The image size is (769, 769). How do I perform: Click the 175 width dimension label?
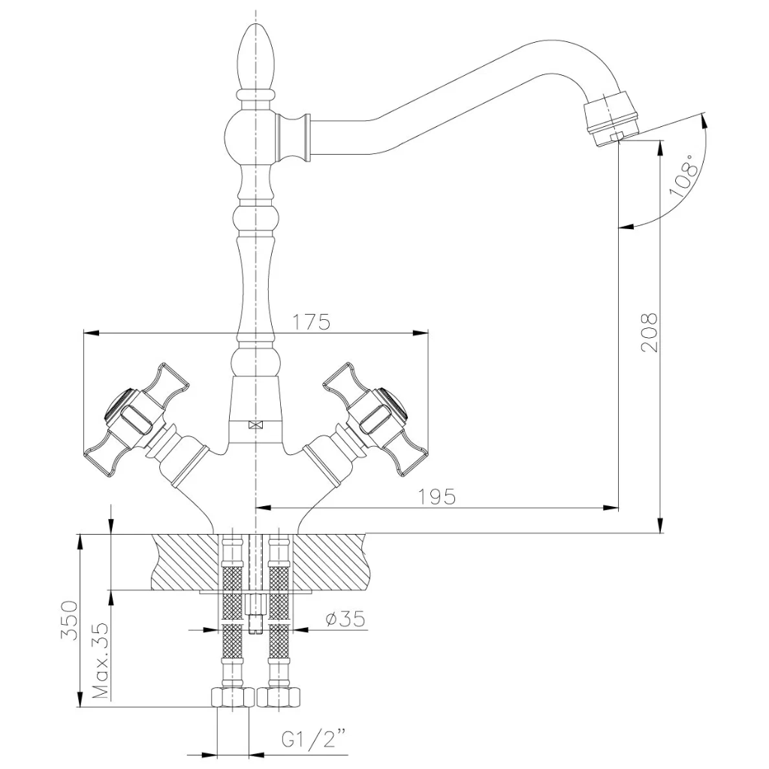click(x=312, y=322)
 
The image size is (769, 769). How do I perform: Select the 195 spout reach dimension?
click(x=436, y=497)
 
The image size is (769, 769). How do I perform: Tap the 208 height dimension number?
click(x=649, y=332)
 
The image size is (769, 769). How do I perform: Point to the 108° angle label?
click(x=684, y=175)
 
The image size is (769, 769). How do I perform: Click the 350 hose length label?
click(x=69, y=620)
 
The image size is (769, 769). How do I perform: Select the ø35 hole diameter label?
click(x=345, y=619)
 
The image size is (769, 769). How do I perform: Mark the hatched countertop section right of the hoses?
click(x=331, y=562)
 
